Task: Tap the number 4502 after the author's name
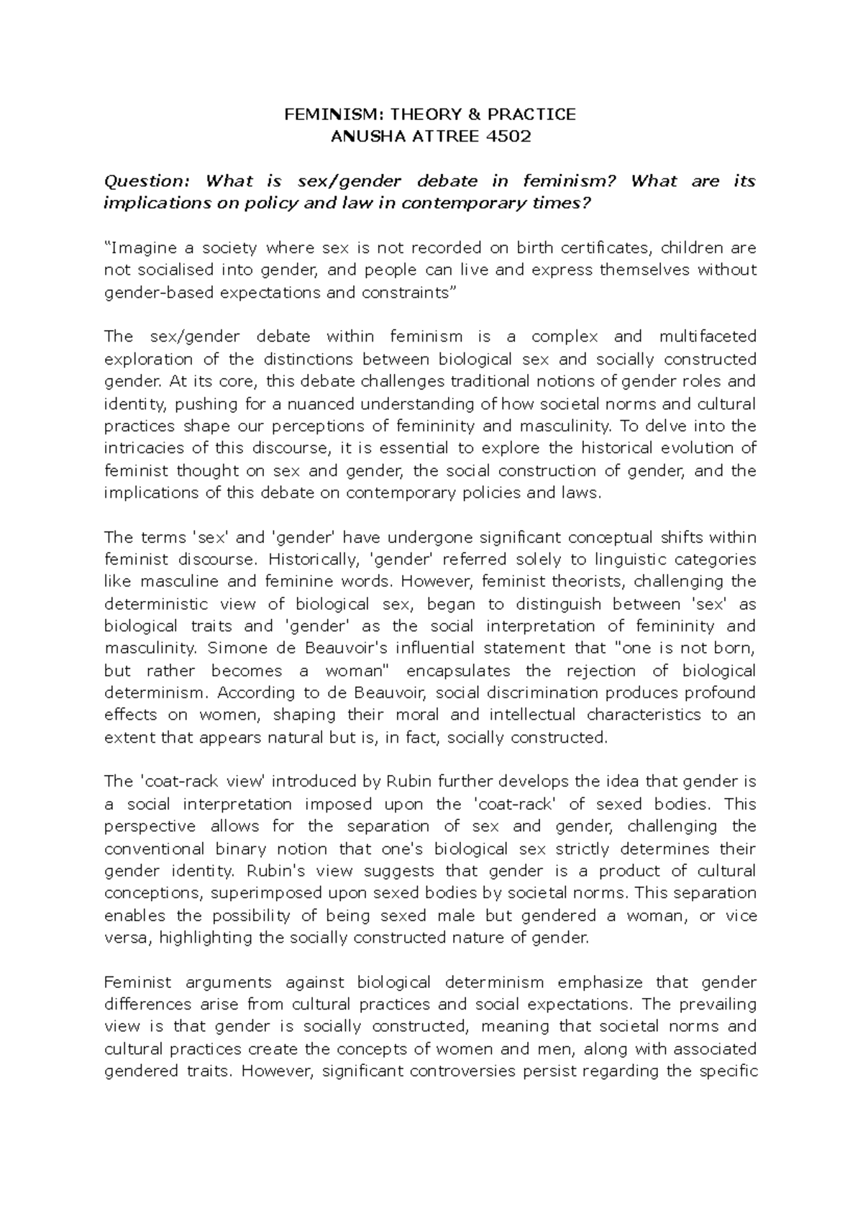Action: (x=508, y=137)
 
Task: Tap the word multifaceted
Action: (x=707, y=336)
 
